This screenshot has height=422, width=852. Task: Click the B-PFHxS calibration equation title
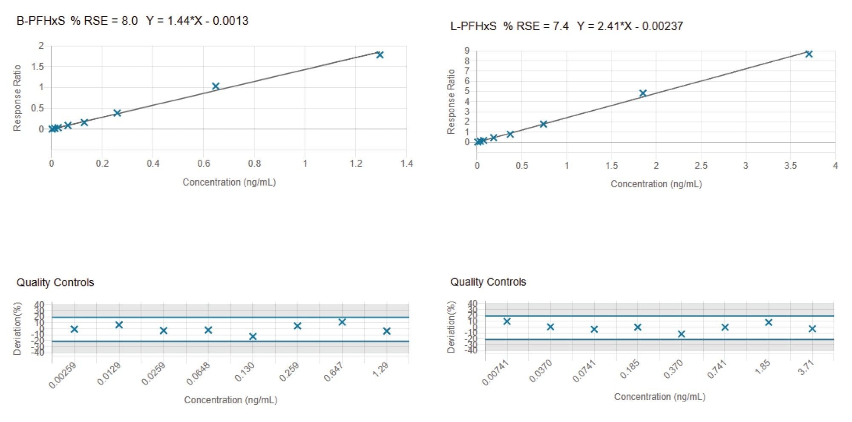click(x=132, y=21)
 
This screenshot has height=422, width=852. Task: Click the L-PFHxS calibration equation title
click(x=567, y=26)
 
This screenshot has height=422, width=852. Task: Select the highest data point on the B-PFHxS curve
click(x=380, y=55)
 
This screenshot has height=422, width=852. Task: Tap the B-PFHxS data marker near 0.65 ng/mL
click(x=216, y=86)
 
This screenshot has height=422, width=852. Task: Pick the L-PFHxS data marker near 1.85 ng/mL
click(x=643, y=93)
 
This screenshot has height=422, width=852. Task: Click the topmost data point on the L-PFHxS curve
click(x=809, y=54)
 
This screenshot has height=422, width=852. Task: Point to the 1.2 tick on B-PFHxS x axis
click(x=356, y=164)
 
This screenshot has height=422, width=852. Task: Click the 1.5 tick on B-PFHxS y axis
click(x=37, y=66)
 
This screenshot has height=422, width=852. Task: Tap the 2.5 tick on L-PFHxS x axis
click(x=701, y=166)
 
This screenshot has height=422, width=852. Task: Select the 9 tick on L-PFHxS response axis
click(x=467, y=51)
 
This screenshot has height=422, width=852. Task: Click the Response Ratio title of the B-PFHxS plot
click(x=17, y=98)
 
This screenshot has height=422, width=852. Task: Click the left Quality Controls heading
click(x=55, y=282)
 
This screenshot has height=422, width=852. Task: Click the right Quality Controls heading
click(x=488, y=282)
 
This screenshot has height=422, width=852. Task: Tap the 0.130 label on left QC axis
click(x=245, y=371)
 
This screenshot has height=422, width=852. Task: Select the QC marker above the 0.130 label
click(x=253, y=336)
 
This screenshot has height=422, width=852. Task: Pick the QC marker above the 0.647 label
click(x=342, y=322)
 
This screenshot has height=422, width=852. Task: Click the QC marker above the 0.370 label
click(x=681, y=334)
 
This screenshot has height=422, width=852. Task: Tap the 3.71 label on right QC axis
click(x=806, y=367)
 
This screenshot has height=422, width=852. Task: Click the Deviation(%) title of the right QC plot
click(x=451, y=327)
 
